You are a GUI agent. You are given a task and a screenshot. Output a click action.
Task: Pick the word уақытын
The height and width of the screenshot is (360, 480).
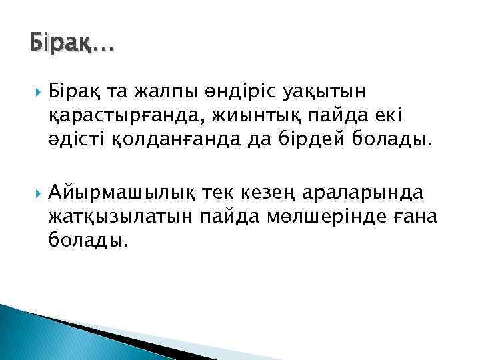point(321,92)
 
